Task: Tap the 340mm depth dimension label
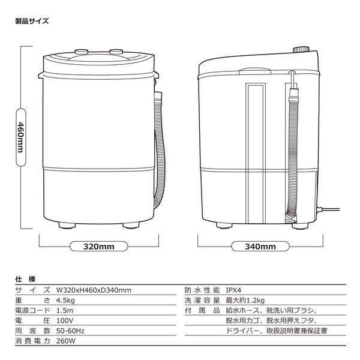click(x=260, y=246)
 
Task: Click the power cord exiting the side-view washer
click(x=332, y=210)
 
